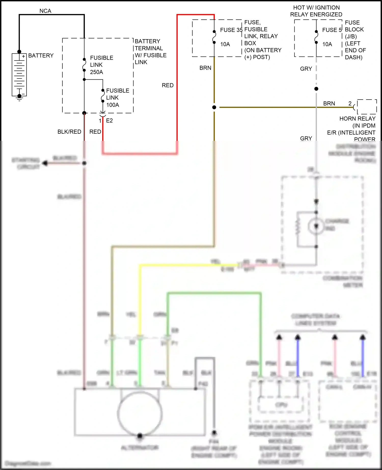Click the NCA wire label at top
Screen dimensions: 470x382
tap(45, 11)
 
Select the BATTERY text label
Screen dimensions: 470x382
tap(41, 56)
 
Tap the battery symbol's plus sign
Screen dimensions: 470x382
tap(23, 56)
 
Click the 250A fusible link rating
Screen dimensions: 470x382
tap(97, 72)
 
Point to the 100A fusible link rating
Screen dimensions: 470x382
tap(113, 105)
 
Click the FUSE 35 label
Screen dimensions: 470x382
tap(231, 30)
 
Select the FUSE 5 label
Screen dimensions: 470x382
tap(332, 30)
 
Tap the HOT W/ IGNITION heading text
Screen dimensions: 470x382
tap(316, 8)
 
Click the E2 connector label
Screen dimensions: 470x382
tap(109, 121)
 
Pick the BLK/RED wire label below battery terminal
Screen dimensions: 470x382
tap(69, 132)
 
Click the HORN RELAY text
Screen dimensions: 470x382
tap(357, 119)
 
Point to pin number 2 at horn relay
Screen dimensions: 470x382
tap(350, 103)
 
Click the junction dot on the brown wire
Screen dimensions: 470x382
tap(214, 107)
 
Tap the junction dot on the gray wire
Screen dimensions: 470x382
tap(316, 89)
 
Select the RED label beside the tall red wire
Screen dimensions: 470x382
tap(168, 85)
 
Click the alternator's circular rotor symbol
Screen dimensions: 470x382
tap(140, 413)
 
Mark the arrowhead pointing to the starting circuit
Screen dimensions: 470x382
tap(45, 163)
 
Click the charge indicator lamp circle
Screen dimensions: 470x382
tap(316, 226)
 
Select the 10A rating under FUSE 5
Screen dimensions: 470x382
tap(327, 44)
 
